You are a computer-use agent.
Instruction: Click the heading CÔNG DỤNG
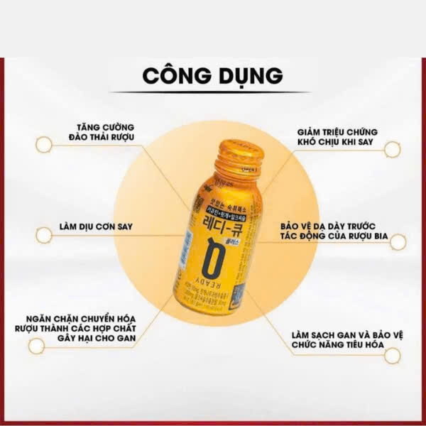[212, 75]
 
